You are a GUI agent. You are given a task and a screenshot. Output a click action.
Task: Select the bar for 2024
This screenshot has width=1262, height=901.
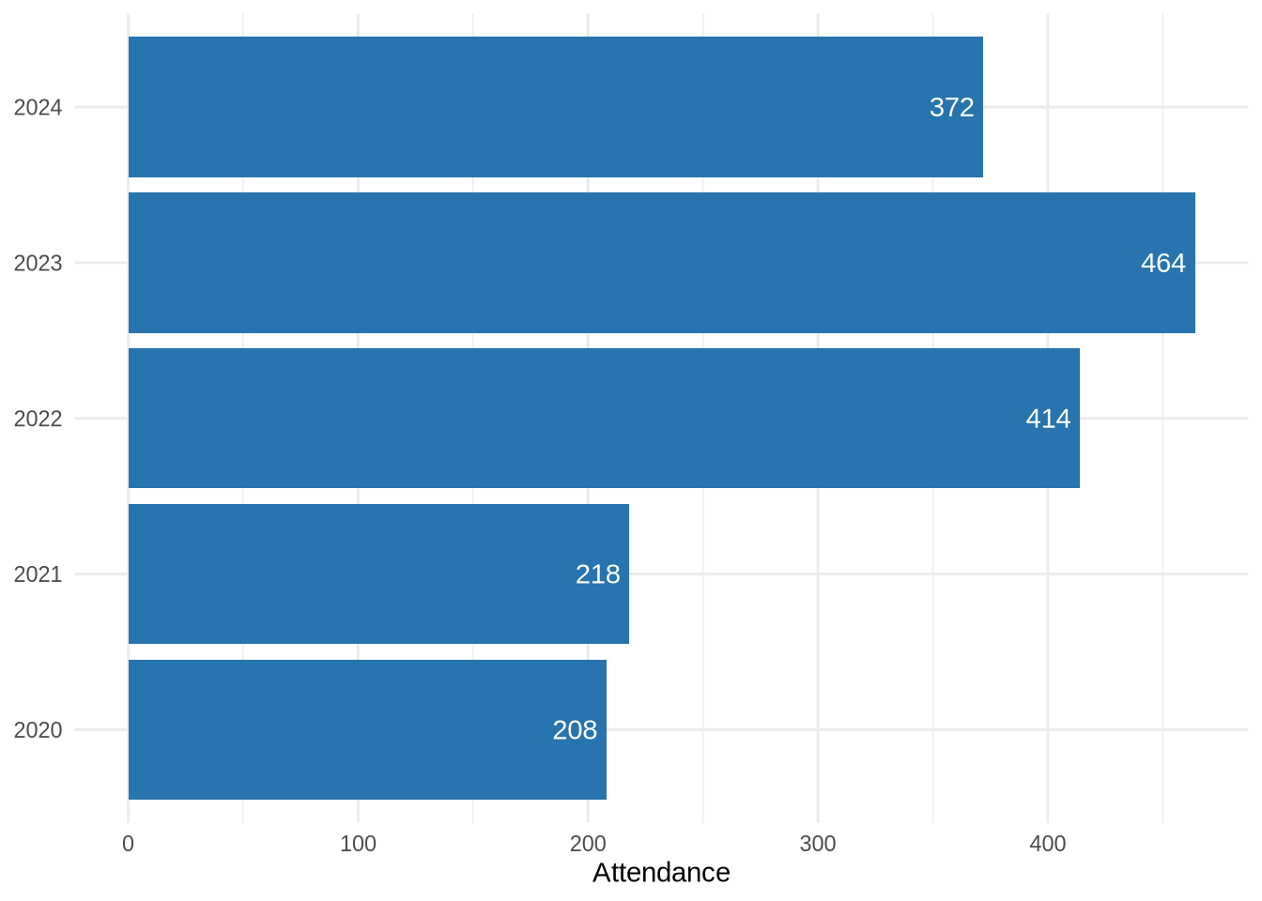click(x=555, y=107)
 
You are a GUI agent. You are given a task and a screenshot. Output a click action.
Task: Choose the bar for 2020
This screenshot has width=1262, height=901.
click(x=367, y=729)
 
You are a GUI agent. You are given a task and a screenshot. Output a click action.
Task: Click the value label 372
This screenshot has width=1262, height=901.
click(x=951, y=107)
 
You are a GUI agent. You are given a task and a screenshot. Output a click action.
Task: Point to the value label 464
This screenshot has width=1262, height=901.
click(x=1162, y=263)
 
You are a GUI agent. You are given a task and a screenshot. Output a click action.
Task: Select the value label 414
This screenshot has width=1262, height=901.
click(x=1048, y=419)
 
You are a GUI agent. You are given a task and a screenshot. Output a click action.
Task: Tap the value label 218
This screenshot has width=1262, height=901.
click(x=597, y=573)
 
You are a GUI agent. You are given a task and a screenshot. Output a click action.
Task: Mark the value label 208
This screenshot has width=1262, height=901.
click(x=575, y=729)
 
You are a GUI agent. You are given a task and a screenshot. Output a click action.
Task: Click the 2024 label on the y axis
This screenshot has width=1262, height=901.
click(x=38, y=108)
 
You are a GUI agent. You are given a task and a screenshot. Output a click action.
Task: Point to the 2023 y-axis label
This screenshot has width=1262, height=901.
click(x=38, y=264)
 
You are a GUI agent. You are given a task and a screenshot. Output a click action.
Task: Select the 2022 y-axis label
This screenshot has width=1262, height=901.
click(x=38, y=420)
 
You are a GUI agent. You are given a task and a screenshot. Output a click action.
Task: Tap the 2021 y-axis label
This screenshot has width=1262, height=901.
click(x=38, y=574)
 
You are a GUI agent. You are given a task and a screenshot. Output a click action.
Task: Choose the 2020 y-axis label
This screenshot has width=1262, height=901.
click(x=38, y=730)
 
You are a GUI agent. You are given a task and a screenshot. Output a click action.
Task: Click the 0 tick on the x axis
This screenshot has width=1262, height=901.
click(x=129, y=844)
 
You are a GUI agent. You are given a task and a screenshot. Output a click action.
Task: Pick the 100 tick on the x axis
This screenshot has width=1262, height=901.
click(x=358, y=844)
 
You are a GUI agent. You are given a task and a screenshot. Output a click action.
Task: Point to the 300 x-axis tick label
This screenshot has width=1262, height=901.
click(x=818, y=844)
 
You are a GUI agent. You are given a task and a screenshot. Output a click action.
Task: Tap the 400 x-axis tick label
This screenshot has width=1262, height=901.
click(x=1048, y=844)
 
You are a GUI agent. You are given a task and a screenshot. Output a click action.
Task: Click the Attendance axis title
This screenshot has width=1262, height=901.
click(x=661, y=873)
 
